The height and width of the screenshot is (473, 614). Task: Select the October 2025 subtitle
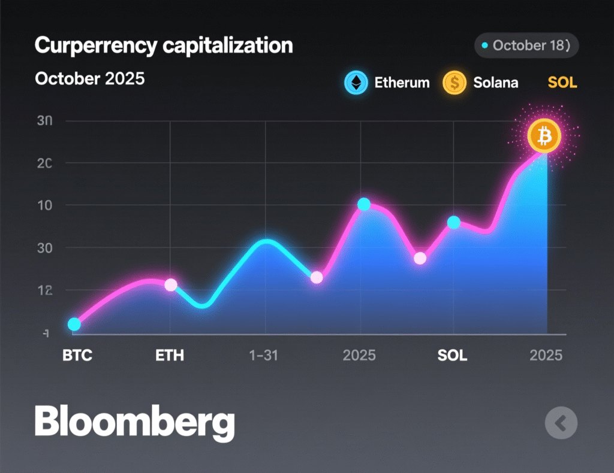[x=90, y=78]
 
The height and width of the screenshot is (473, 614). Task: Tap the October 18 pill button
[x=526, y=46]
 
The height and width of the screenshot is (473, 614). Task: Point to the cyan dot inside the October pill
[x=484, y=46]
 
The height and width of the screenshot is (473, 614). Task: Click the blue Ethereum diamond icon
[x=356, y=83]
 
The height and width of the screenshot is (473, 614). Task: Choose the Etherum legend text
[x=402, y=83]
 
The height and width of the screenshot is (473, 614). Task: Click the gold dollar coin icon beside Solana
[x=455, y=83]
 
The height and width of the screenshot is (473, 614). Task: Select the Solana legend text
[x=495, y=83]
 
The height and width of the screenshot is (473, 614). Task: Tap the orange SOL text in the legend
[x=562, y=83]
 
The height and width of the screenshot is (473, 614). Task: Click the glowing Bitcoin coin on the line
[x=544, y=137]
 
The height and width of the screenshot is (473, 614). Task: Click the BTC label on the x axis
[x=77, y=356]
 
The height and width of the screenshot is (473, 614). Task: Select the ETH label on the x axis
[x=170, y=356]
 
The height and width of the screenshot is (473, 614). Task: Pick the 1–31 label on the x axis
[x=263, y=356]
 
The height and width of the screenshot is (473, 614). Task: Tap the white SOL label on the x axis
[x=452, y=356]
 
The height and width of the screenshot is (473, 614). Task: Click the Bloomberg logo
[x=134, y=423]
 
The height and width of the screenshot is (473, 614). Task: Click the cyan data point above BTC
[x=74, y=325]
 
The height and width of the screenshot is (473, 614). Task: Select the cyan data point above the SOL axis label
[x=454, y=222]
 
